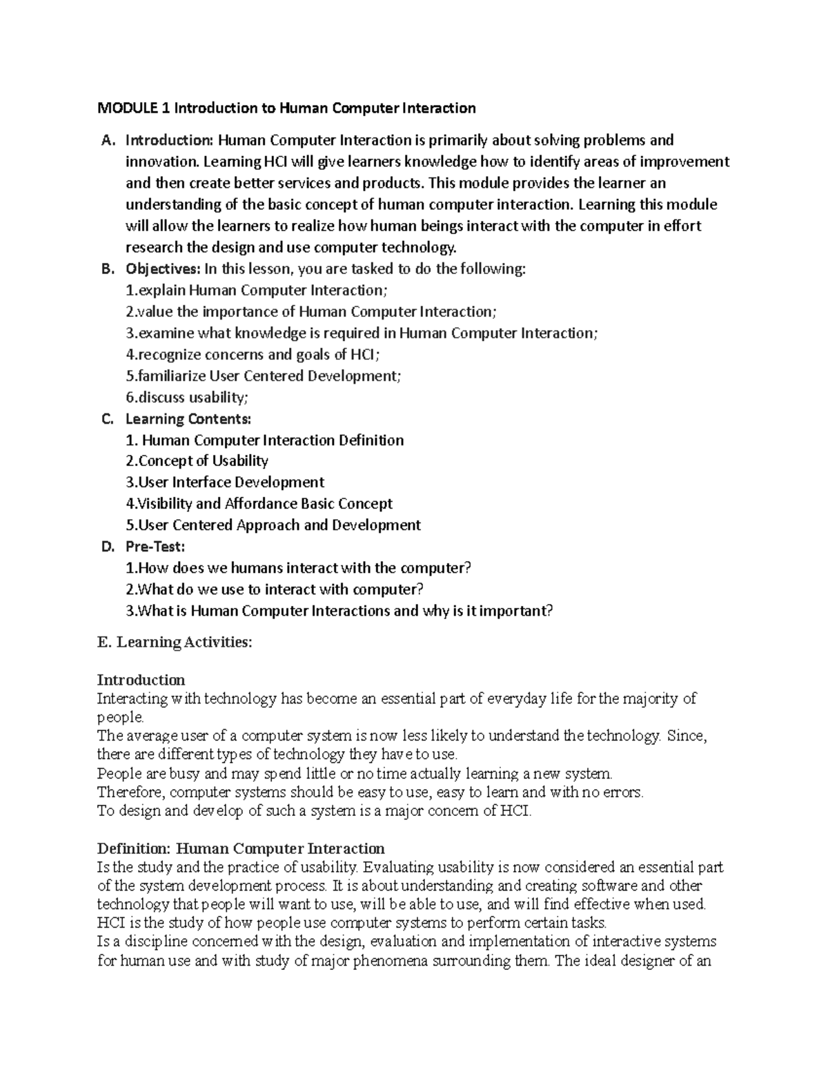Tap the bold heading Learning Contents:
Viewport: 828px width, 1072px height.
[188, 418]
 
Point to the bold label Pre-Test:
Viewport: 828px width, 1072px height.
[155, 546]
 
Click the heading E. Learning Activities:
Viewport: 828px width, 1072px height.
[175, 642]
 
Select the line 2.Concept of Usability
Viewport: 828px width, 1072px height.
[197, 460]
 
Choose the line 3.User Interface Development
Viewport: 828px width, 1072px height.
[224, 482]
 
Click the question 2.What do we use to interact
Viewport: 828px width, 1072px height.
[274, 589]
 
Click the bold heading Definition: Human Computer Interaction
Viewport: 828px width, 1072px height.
[241, 848]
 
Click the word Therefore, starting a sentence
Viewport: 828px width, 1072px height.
[130, 792]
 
